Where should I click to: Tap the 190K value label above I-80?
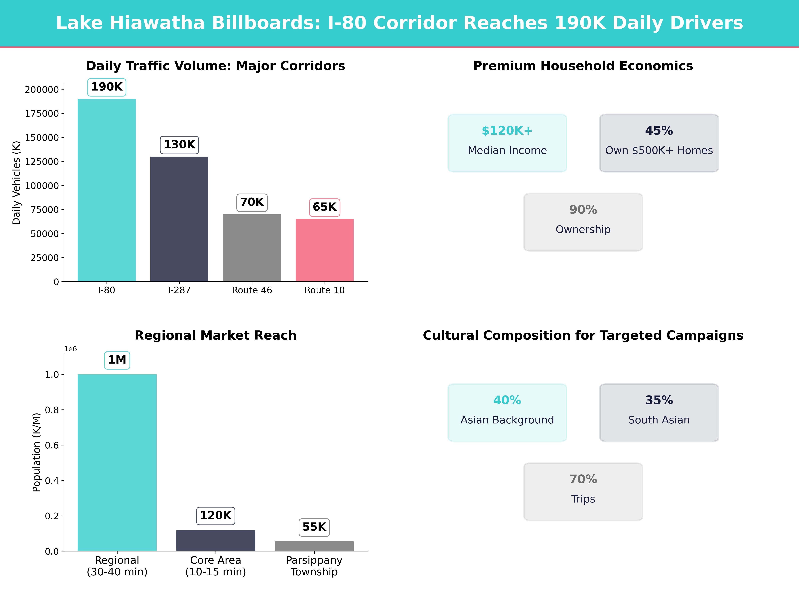point(107,87)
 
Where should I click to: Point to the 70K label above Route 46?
point(252,202)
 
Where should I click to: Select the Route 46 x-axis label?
point(252,290)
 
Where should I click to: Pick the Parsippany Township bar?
point(314,546)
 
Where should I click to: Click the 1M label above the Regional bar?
point(117,360)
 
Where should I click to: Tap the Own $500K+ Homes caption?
point(659,151)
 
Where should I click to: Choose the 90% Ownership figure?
point(583,210)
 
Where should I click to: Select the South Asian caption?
point(659,420)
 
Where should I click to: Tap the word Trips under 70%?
point(583,499)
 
